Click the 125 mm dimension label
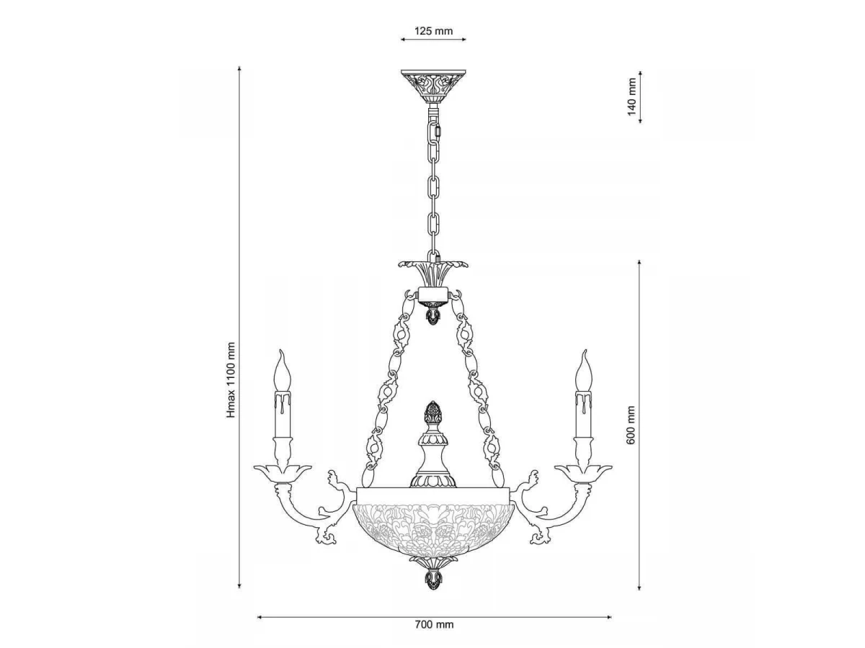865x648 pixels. point(433,31)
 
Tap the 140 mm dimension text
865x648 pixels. point(631,97)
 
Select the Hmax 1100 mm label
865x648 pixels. point(231,380)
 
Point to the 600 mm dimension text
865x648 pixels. point(631,426)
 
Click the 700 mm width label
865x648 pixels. point(434,624)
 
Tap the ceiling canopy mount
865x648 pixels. point(433,87)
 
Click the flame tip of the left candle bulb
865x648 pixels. point(280,351)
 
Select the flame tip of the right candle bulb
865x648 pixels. point(585,351)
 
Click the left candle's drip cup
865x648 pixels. point(283,473)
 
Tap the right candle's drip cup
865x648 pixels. point(583,473)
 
